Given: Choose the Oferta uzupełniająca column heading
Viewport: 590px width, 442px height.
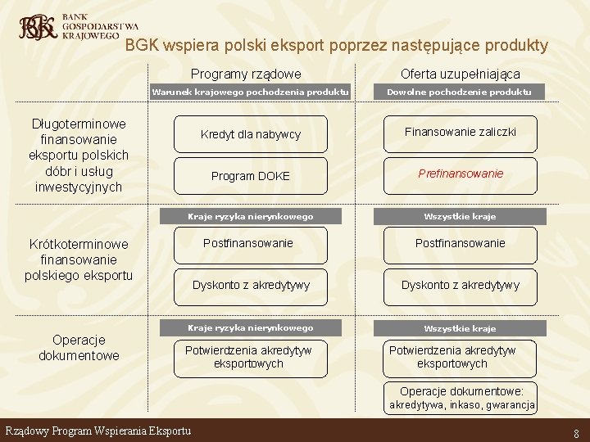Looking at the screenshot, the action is [460, 74].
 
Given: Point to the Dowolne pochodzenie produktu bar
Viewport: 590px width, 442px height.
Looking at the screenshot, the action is [460, 92].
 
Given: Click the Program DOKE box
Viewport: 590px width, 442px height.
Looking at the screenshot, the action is [251, 176].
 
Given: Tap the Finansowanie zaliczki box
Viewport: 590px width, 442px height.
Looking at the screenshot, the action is [460, 131].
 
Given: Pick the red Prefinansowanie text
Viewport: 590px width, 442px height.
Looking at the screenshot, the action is [461, 174].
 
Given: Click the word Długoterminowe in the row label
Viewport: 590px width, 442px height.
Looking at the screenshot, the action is [79, 124].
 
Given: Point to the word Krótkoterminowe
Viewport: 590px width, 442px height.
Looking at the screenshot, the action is [79, 244].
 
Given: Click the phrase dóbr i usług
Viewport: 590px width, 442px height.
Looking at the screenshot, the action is [79, 171].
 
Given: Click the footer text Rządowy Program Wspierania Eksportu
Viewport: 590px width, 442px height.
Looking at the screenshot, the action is [98, 431].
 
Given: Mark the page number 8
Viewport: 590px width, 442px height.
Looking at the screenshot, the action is [577, 433].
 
